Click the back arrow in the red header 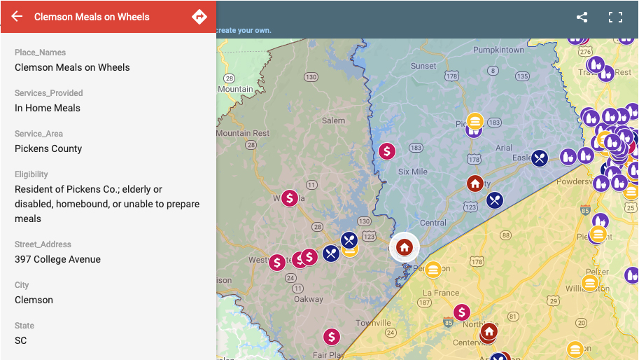[x=17, y=17]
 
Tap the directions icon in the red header [x=199, y=17]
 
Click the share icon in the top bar [x=582, y=18]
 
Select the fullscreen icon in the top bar [x=615, y=18]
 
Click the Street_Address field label [x=43, y=244]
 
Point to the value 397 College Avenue [x=57, y=259]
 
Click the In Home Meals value [x=48, y=108]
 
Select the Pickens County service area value [x=48, y=148]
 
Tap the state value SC [x=21, y=340]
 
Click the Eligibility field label [x=31, y=174]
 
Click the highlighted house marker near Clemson [x=404, y=247]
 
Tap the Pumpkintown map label [x=498, y=50]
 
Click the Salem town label [x=333, y=120]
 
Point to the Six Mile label [x=412, y=172]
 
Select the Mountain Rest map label [x=242, y=133]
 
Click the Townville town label [x=373, y=323]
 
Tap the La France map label [x=441, y=293]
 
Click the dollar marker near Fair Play [x=331, y=337]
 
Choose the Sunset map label [x=423, y=67]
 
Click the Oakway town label [x=309, y=300]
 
